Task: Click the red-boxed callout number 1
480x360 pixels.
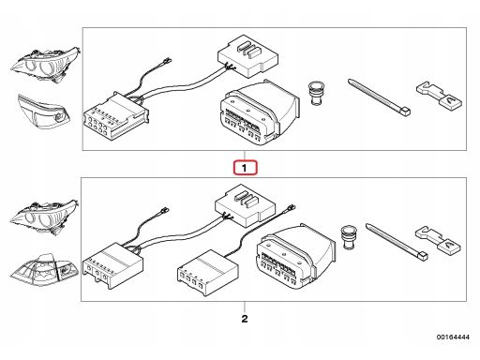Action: [x=244, y=169]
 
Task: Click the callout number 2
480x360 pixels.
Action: [x=244, y=319]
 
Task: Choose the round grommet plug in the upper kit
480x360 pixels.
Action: [x=317, y=95]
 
